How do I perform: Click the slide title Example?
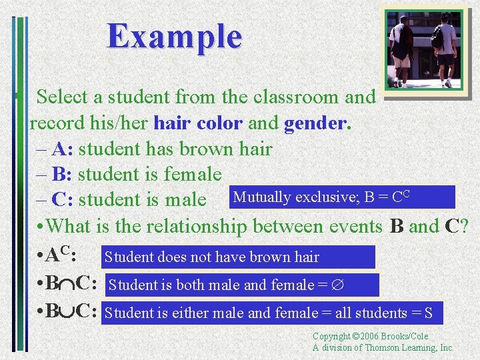[175, 36]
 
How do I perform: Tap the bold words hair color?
[198, 123]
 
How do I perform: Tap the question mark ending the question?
[465, 226]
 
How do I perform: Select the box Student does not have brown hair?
[237, 257]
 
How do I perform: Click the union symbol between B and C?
[67, 312]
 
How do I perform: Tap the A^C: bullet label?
[62, 255]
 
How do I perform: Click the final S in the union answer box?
[429, 313]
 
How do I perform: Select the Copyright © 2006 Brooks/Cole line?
[371, 337]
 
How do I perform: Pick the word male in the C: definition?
[183, 200]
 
